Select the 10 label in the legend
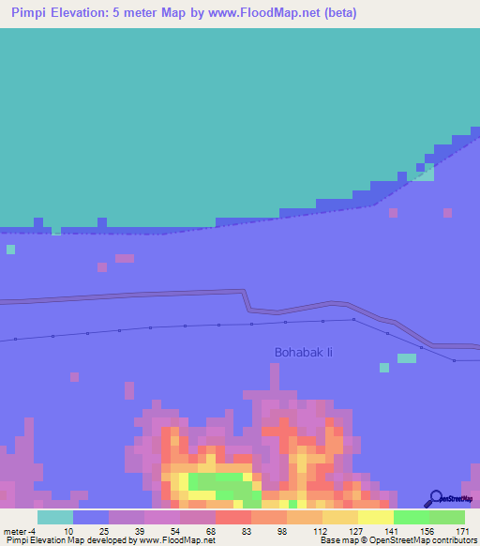pyautogui.click(x=70, y=531)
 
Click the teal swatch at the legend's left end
pyautogui.click(x=55, y=517)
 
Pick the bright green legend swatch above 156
pyautogui.click(x=411, y=517)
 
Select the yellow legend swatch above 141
pyautogui.click(x=375, y=517)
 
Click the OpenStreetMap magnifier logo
pyautogui.click(x=437, y=498)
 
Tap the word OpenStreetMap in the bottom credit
pyautogui.click(x=401, y=540)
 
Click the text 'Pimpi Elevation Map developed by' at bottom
pyautogui.click(x=56, y=540)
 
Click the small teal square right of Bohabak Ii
pyautogui.click(x=406, y=358)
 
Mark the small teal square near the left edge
pyautogui.click(x=10, y=250)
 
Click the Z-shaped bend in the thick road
pyautogui.click(x=248, y=301)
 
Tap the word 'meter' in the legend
pyautogui.click(x=16, y=531)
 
